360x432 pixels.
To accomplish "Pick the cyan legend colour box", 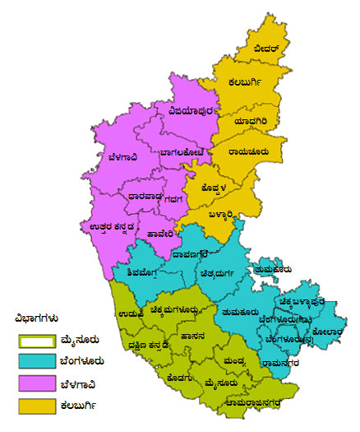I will pyautogui.click(x=39, y=361).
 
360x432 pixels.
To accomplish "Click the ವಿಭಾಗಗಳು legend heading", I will pyautogui.click(x=37, y=318).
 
